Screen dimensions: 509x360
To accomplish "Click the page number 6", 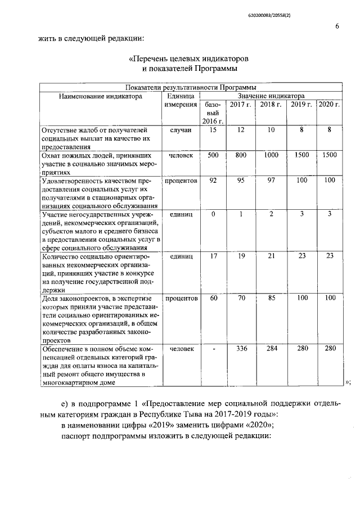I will pyautogui.click(x=336, y=26).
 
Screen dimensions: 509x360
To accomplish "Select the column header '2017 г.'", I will pyautogui.click(x=241, y=105).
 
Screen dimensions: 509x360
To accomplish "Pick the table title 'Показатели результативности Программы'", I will pyautogui.click(x=191, y=88).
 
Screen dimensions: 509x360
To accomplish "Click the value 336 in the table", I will pyautogui.click(x=241, y=349).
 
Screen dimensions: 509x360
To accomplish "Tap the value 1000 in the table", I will pyautogui.click(x=271, y=155).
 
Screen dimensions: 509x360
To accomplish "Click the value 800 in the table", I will pyautogui.click(x=241, y=155).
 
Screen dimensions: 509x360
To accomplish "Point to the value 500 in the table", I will pyautogui.click(x=213, y=155).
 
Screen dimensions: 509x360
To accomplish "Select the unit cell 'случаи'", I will pyautogui.click(x=181, y=130).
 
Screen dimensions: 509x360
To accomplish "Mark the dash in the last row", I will pyautogui.click(x=213, y=349).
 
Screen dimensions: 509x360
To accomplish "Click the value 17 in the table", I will pyautogui.click(x=213, y=256).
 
